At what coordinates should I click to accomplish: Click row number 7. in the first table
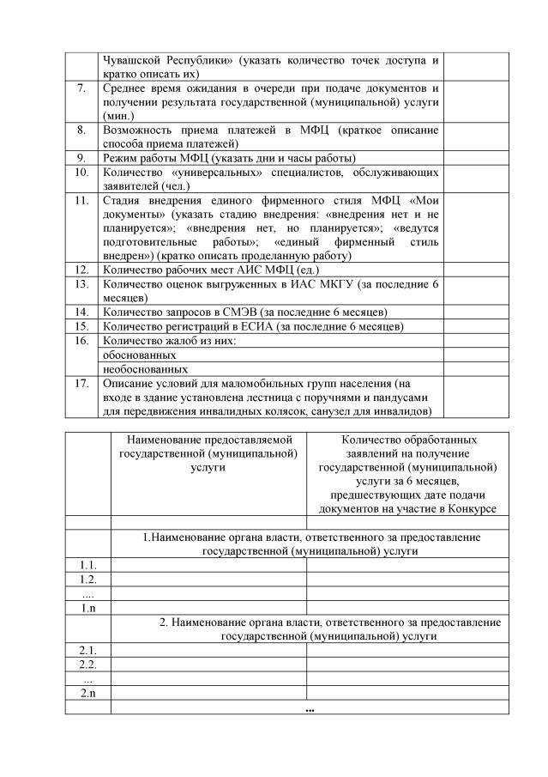coord(81,88)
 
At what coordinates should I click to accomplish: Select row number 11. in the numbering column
coord(81,201)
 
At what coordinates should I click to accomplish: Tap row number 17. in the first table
coord(81,383)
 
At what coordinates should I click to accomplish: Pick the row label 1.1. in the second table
coord(87,565)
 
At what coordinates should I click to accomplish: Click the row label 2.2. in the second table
coord(87,665)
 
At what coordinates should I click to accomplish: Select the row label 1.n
coord(87,608)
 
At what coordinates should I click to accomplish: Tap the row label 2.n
coord(87,693)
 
